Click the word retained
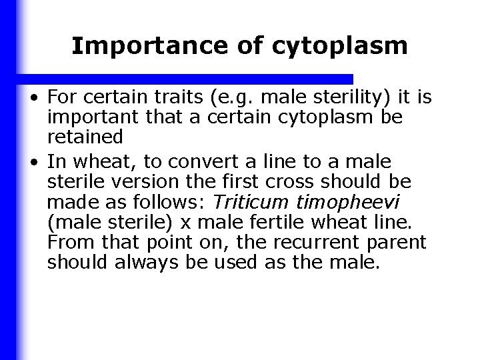85,137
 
